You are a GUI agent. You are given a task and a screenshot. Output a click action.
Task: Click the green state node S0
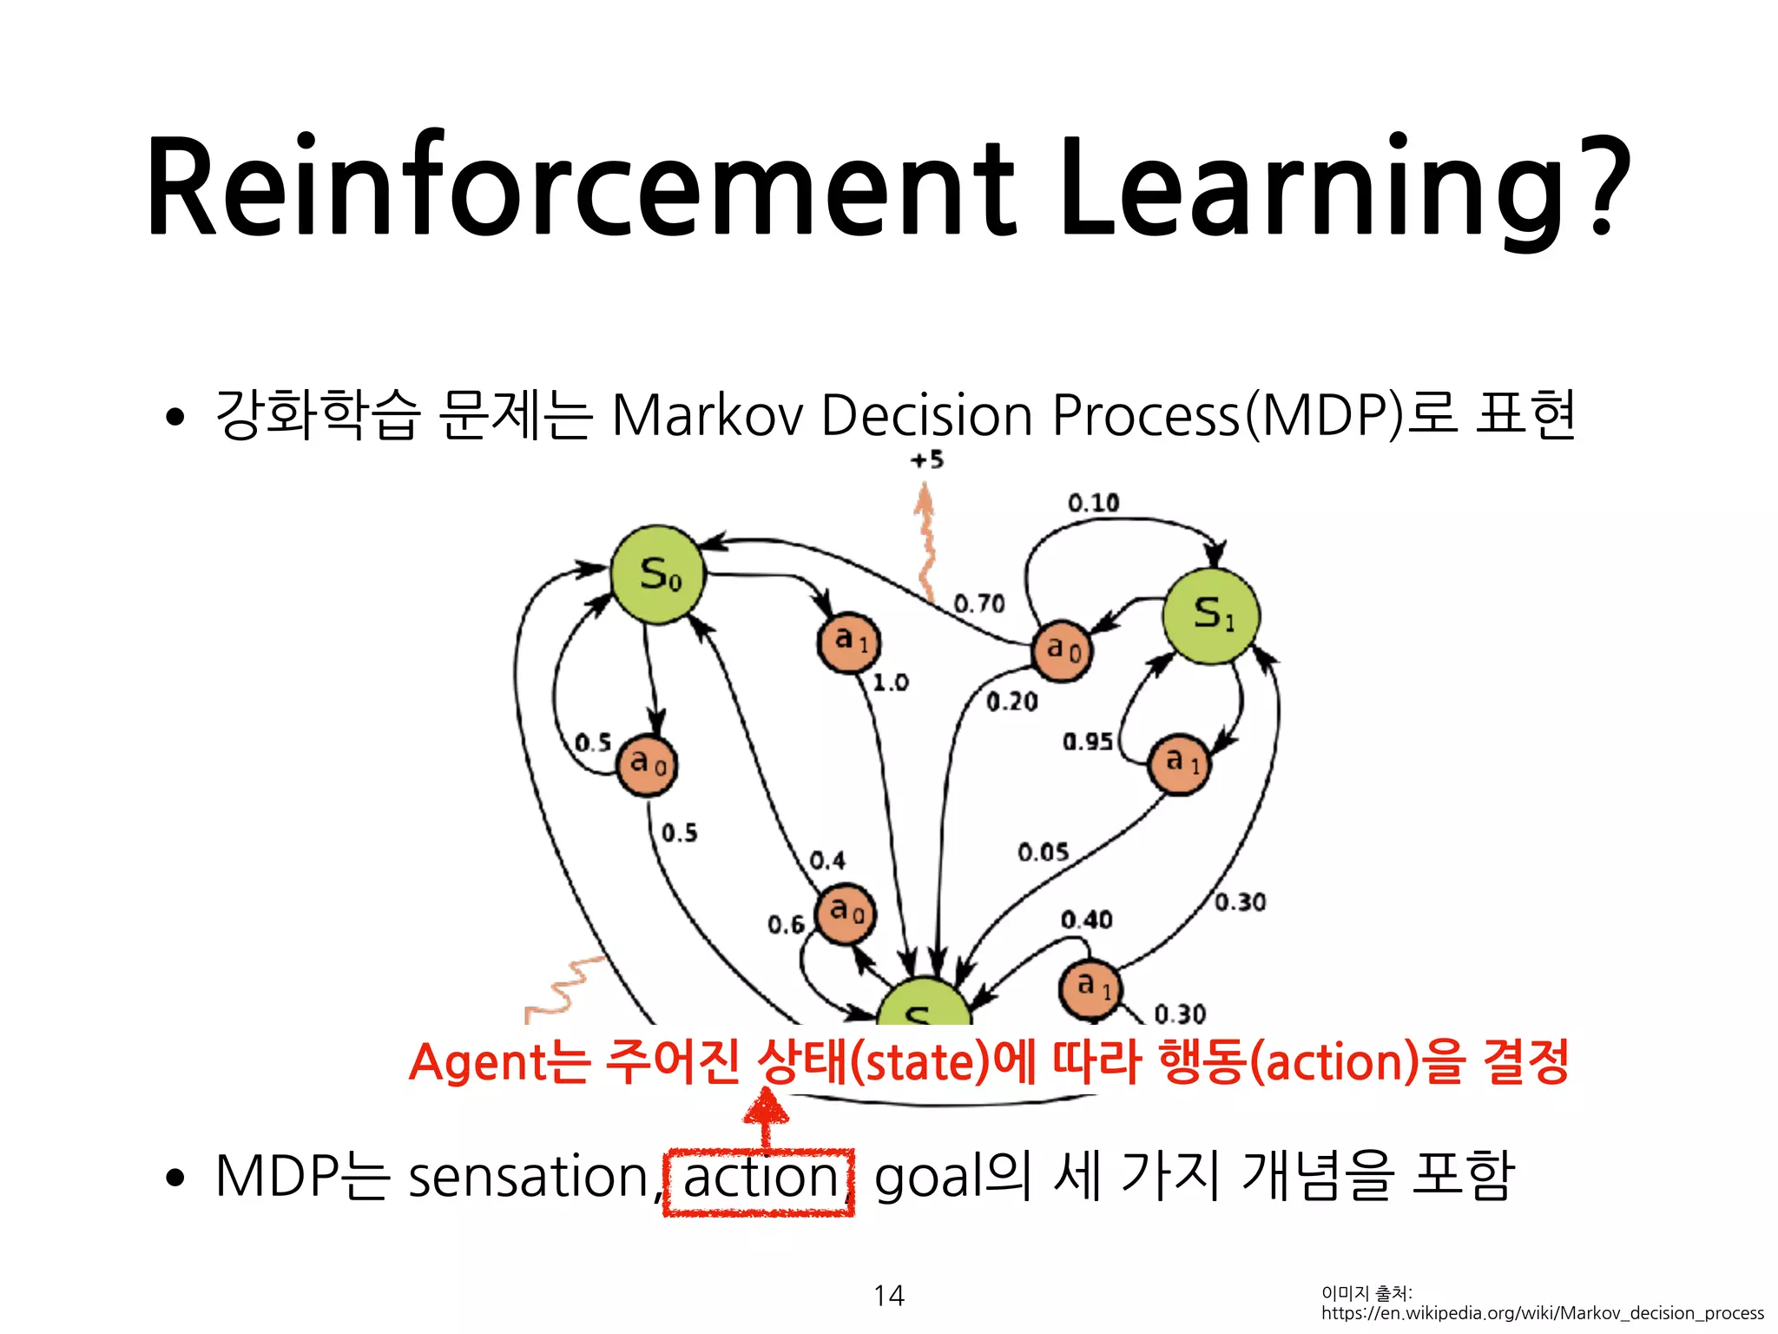pyautogui.click(x=658, y=574)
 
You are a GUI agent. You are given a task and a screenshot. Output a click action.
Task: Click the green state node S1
pyautogui.click(x=1211, y=616)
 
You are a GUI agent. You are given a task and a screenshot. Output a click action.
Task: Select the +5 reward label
pyautogui.click(x=926, y=459)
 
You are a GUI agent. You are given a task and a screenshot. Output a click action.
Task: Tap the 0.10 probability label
pyautogui.click(x=1093, y=503)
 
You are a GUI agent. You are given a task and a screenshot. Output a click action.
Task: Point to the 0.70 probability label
pyautogui.click(x=978, y=603)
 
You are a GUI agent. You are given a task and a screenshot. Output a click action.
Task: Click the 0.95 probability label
pyautogui.click(x=1087, y=741)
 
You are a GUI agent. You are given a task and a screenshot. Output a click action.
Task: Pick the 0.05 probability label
pyautogui.click(x=1043, y=852)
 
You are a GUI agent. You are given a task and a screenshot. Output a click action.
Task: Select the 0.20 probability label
pyautogui.click(x=1011, y=701)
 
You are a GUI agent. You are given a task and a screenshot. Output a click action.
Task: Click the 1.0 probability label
pyautogui.click(x=890, y=683)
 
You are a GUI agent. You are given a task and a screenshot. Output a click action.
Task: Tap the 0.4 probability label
pyautogui.click(x=826, y=861)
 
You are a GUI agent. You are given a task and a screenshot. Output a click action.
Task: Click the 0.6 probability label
pyautogui.click(x=786, y=925)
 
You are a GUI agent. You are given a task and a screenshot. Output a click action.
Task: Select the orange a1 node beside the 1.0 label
pyautogui.click(x=849, y=643)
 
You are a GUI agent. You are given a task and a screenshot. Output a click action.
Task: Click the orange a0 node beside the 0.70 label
pyautogui.click(x=1062, y=650)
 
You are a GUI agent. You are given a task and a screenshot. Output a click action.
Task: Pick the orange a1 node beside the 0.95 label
pyautogui.click(x=1179, y=763)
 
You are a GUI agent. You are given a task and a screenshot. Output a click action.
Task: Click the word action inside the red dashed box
pyautogui.click(x=760, y=1179)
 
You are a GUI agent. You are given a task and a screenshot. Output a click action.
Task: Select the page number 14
pyautogui.click(x=888, y=1296)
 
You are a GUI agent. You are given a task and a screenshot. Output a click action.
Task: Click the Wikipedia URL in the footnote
pyautogui.click(x=1542, y=1313)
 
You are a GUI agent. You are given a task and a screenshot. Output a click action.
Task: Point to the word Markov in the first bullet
pyautogui.click(x=708, y=415)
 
